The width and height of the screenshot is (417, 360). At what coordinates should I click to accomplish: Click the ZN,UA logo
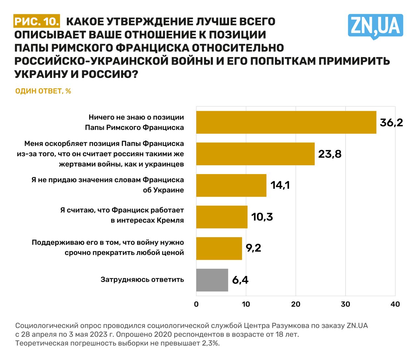click(375, 26)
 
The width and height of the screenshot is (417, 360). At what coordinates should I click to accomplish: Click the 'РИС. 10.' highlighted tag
click(37, 22)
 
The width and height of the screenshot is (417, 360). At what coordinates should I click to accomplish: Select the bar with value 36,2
click(286, 122)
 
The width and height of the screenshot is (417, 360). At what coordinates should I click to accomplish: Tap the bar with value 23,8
click(255, 154)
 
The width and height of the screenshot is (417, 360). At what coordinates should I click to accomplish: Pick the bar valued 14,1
click(231, 185)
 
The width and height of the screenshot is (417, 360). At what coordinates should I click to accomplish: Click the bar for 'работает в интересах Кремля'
click(222, 217)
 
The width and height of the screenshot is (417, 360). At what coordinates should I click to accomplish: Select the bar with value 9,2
click(219, 248)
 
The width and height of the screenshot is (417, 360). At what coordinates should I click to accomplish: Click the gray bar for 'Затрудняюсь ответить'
click(212, 280)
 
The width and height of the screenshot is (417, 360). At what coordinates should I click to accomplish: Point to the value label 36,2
click(391, 123)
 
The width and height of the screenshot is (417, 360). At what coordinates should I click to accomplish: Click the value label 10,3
click(262, 217)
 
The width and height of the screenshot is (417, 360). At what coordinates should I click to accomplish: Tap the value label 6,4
click(240, 280)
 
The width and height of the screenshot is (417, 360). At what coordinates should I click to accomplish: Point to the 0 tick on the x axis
click(196, 304)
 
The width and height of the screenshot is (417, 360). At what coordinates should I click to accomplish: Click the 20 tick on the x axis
click(296, 304)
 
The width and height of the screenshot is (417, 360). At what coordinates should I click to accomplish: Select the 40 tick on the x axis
click(395, 304)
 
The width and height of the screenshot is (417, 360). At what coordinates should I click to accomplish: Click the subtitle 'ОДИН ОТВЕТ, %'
click(43, 91)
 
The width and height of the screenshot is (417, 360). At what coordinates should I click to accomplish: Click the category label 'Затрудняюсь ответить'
click(142, 279)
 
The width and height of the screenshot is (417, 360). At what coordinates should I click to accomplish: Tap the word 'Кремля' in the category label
click(170, 220)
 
